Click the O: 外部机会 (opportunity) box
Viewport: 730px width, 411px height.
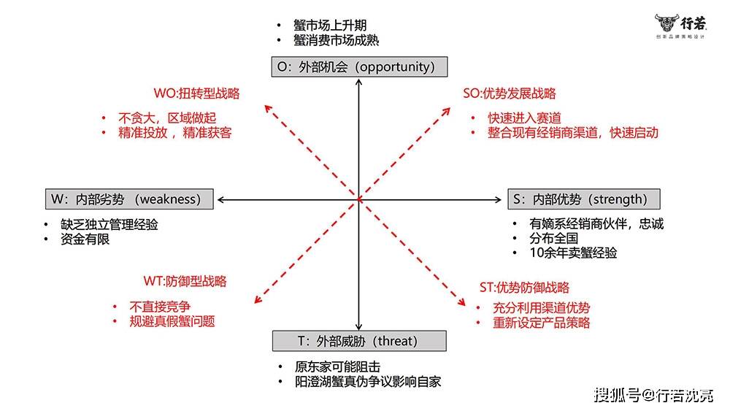(359, 66)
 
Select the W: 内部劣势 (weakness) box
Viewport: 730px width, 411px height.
(129, 199)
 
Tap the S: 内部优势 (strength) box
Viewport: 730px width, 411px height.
(584, 199)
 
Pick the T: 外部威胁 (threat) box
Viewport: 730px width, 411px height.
(359, 341)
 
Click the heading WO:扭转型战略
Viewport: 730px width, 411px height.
(196, 93)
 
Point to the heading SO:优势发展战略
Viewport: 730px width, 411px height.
(510, 93)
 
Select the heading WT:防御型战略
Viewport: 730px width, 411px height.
(185, 281)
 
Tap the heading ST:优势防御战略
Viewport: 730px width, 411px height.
(524, 287)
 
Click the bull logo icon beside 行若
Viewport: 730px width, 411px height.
(666, 23)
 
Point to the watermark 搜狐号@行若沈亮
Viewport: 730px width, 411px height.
(653, 395)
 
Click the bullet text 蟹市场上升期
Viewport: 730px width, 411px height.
(330, 25)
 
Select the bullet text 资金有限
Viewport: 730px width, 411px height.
(85, 239)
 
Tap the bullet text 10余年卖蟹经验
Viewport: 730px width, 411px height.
(573, 253)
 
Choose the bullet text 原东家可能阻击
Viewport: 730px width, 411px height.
(337, 366)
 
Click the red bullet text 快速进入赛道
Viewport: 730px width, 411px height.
(525, 118)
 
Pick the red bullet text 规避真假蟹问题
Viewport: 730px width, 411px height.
(172, 321)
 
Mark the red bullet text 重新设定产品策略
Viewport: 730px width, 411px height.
(542, 323)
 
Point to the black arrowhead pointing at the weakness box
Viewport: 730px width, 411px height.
(221, 200)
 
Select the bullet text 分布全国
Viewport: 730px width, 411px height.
(553, 238)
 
